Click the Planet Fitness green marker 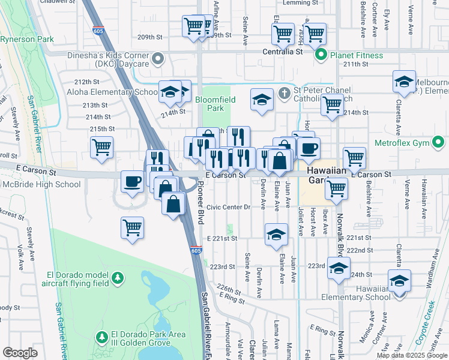tap(321, 56)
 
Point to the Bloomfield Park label tap(215, 103)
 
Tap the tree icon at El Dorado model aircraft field tap(118, 278)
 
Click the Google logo tap(20, 353)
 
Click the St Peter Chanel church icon tap(285, 93)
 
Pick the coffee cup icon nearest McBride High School tap(132, 180)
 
